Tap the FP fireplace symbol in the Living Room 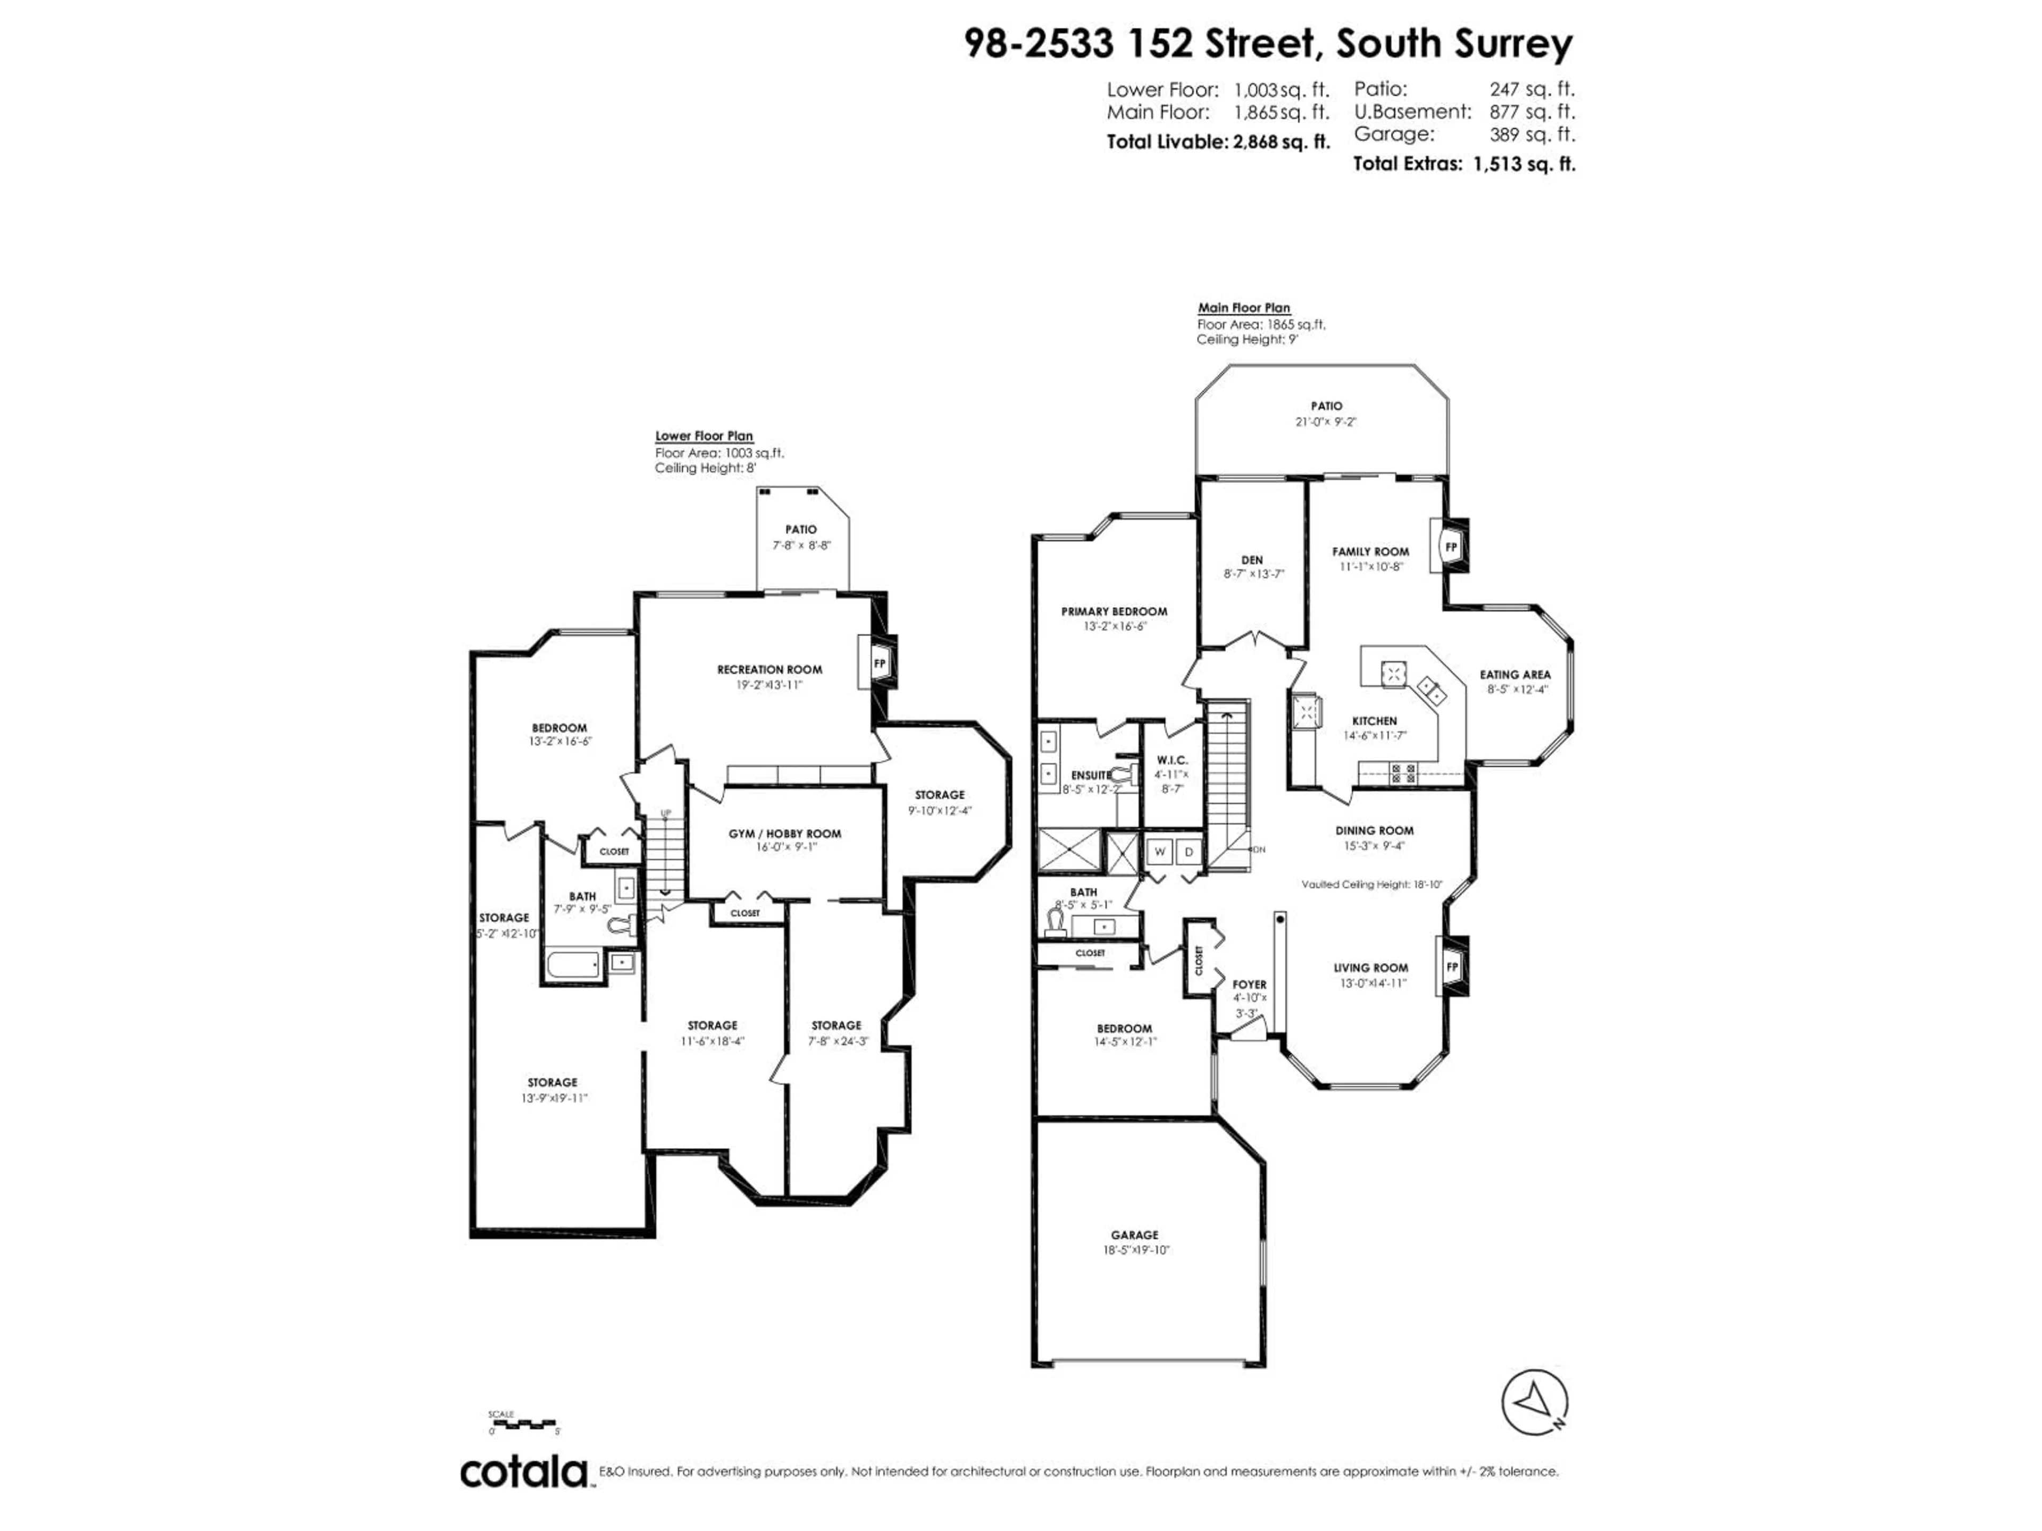pyautogui.click(x=1451, y=966)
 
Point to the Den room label pyautogui.click(x=1252, y=560)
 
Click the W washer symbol pyautogui.click(x=1159, y=851)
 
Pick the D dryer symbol pyautogui.click(x=1189, y=851)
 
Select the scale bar pyautogui.click(x=523, y=1422)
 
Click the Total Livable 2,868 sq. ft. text pyautogui.click(x=1218, y=142)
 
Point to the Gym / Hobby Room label pyautogui.click(x=785, y=834)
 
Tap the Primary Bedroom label pyautogui.click(x=1114, y=611)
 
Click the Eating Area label pyautogui.click(x=1515, y=675)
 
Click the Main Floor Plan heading pyautogui.click(x=1243, y=308)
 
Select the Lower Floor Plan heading pyautogui.click(x=704, y=435)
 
